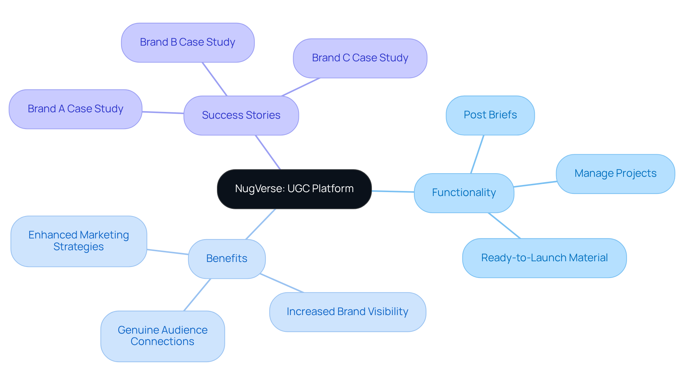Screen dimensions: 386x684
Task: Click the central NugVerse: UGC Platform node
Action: click(294, 189)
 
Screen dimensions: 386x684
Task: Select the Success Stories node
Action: click(241, 115)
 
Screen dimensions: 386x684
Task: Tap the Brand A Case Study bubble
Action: click(76, 109)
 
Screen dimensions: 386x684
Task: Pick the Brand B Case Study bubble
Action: click(188, 43)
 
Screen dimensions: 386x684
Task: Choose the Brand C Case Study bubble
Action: click(360, 58)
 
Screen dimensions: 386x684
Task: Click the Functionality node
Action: click(464, 193)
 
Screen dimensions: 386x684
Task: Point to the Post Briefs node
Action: click(490, 115)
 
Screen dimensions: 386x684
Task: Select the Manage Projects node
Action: click(615, 174)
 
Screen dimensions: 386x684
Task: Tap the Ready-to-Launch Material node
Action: click(544, 258)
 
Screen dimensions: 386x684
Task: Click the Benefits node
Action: click(227, 259)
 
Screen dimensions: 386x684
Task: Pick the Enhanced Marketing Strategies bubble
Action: click(79, 241)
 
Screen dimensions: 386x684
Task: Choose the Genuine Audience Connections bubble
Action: click(162, 336)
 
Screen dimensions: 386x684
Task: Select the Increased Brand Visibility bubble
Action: click(348, 312)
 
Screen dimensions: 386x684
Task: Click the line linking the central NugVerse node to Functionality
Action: click(393, 191)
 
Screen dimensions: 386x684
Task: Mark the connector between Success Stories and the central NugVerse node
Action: click(268, 152)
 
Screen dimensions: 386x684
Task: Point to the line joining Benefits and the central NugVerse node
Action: click(260, 224)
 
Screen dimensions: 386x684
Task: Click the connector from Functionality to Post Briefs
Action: click(477, 154)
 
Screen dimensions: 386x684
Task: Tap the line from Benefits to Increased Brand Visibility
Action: click(282, 283)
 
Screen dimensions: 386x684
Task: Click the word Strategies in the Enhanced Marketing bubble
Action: click(78, 247)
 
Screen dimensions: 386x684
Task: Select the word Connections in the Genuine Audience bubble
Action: click(162, 342)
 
